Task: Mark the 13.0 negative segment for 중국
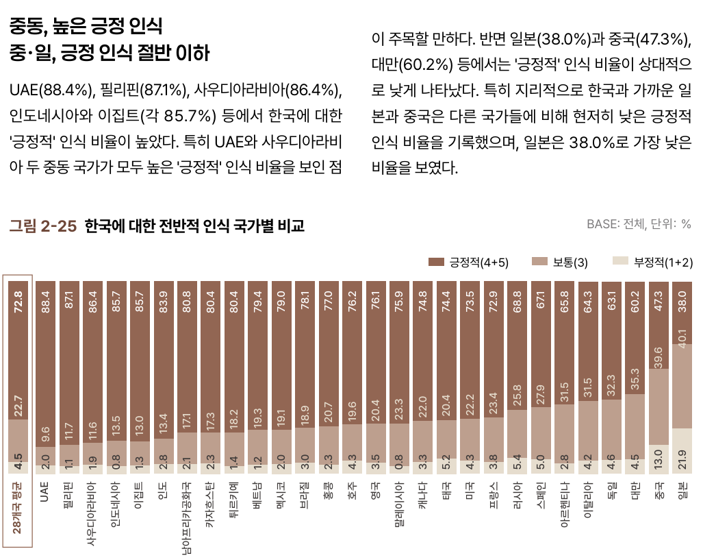coord(659,458)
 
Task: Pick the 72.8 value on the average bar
coord(18,302)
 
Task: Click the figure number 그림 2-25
coord(42,226)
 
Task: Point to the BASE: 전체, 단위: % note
coord(639,224)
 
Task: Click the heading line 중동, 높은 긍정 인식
coord(86,27)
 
